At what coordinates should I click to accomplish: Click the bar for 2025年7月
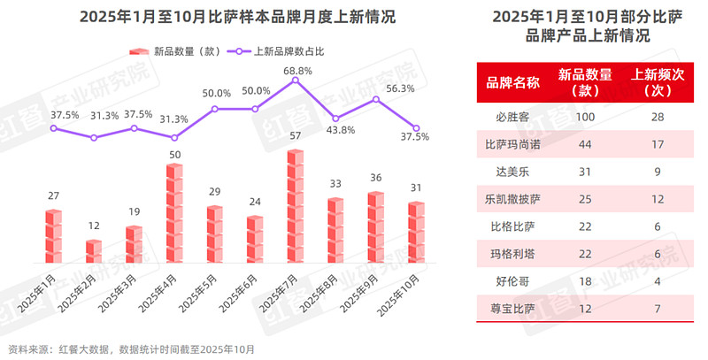pos(296,205)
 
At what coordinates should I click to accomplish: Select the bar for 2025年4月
pos(174,213)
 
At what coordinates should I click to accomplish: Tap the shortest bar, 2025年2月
pos(94,251)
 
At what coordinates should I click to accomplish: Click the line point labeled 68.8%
pos(296,80)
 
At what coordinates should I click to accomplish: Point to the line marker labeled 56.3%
pos(376,99)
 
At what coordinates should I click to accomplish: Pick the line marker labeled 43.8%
pos(335,119)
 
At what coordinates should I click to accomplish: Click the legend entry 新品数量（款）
pos(178,50)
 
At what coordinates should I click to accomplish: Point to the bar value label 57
pos(296,135)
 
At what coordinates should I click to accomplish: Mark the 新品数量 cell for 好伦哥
pos(585,281)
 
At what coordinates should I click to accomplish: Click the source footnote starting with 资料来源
pos(131,349)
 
